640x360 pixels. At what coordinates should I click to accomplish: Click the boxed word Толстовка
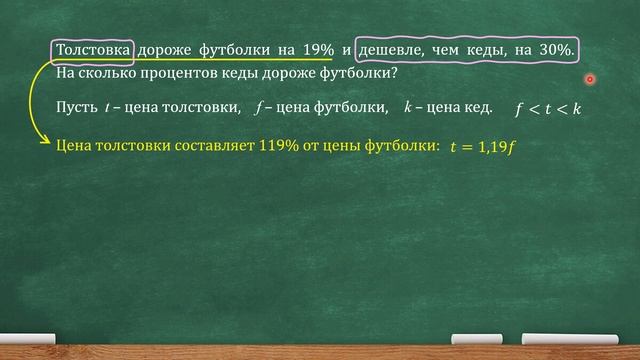pos(92,51)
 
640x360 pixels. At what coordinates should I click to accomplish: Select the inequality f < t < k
pos(549,108)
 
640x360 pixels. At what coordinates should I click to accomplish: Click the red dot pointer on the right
pos(590,78)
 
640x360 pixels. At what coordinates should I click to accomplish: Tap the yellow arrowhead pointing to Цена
pos(49,142)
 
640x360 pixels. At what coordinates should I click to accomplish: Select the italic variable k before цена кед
pos(407,107)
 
